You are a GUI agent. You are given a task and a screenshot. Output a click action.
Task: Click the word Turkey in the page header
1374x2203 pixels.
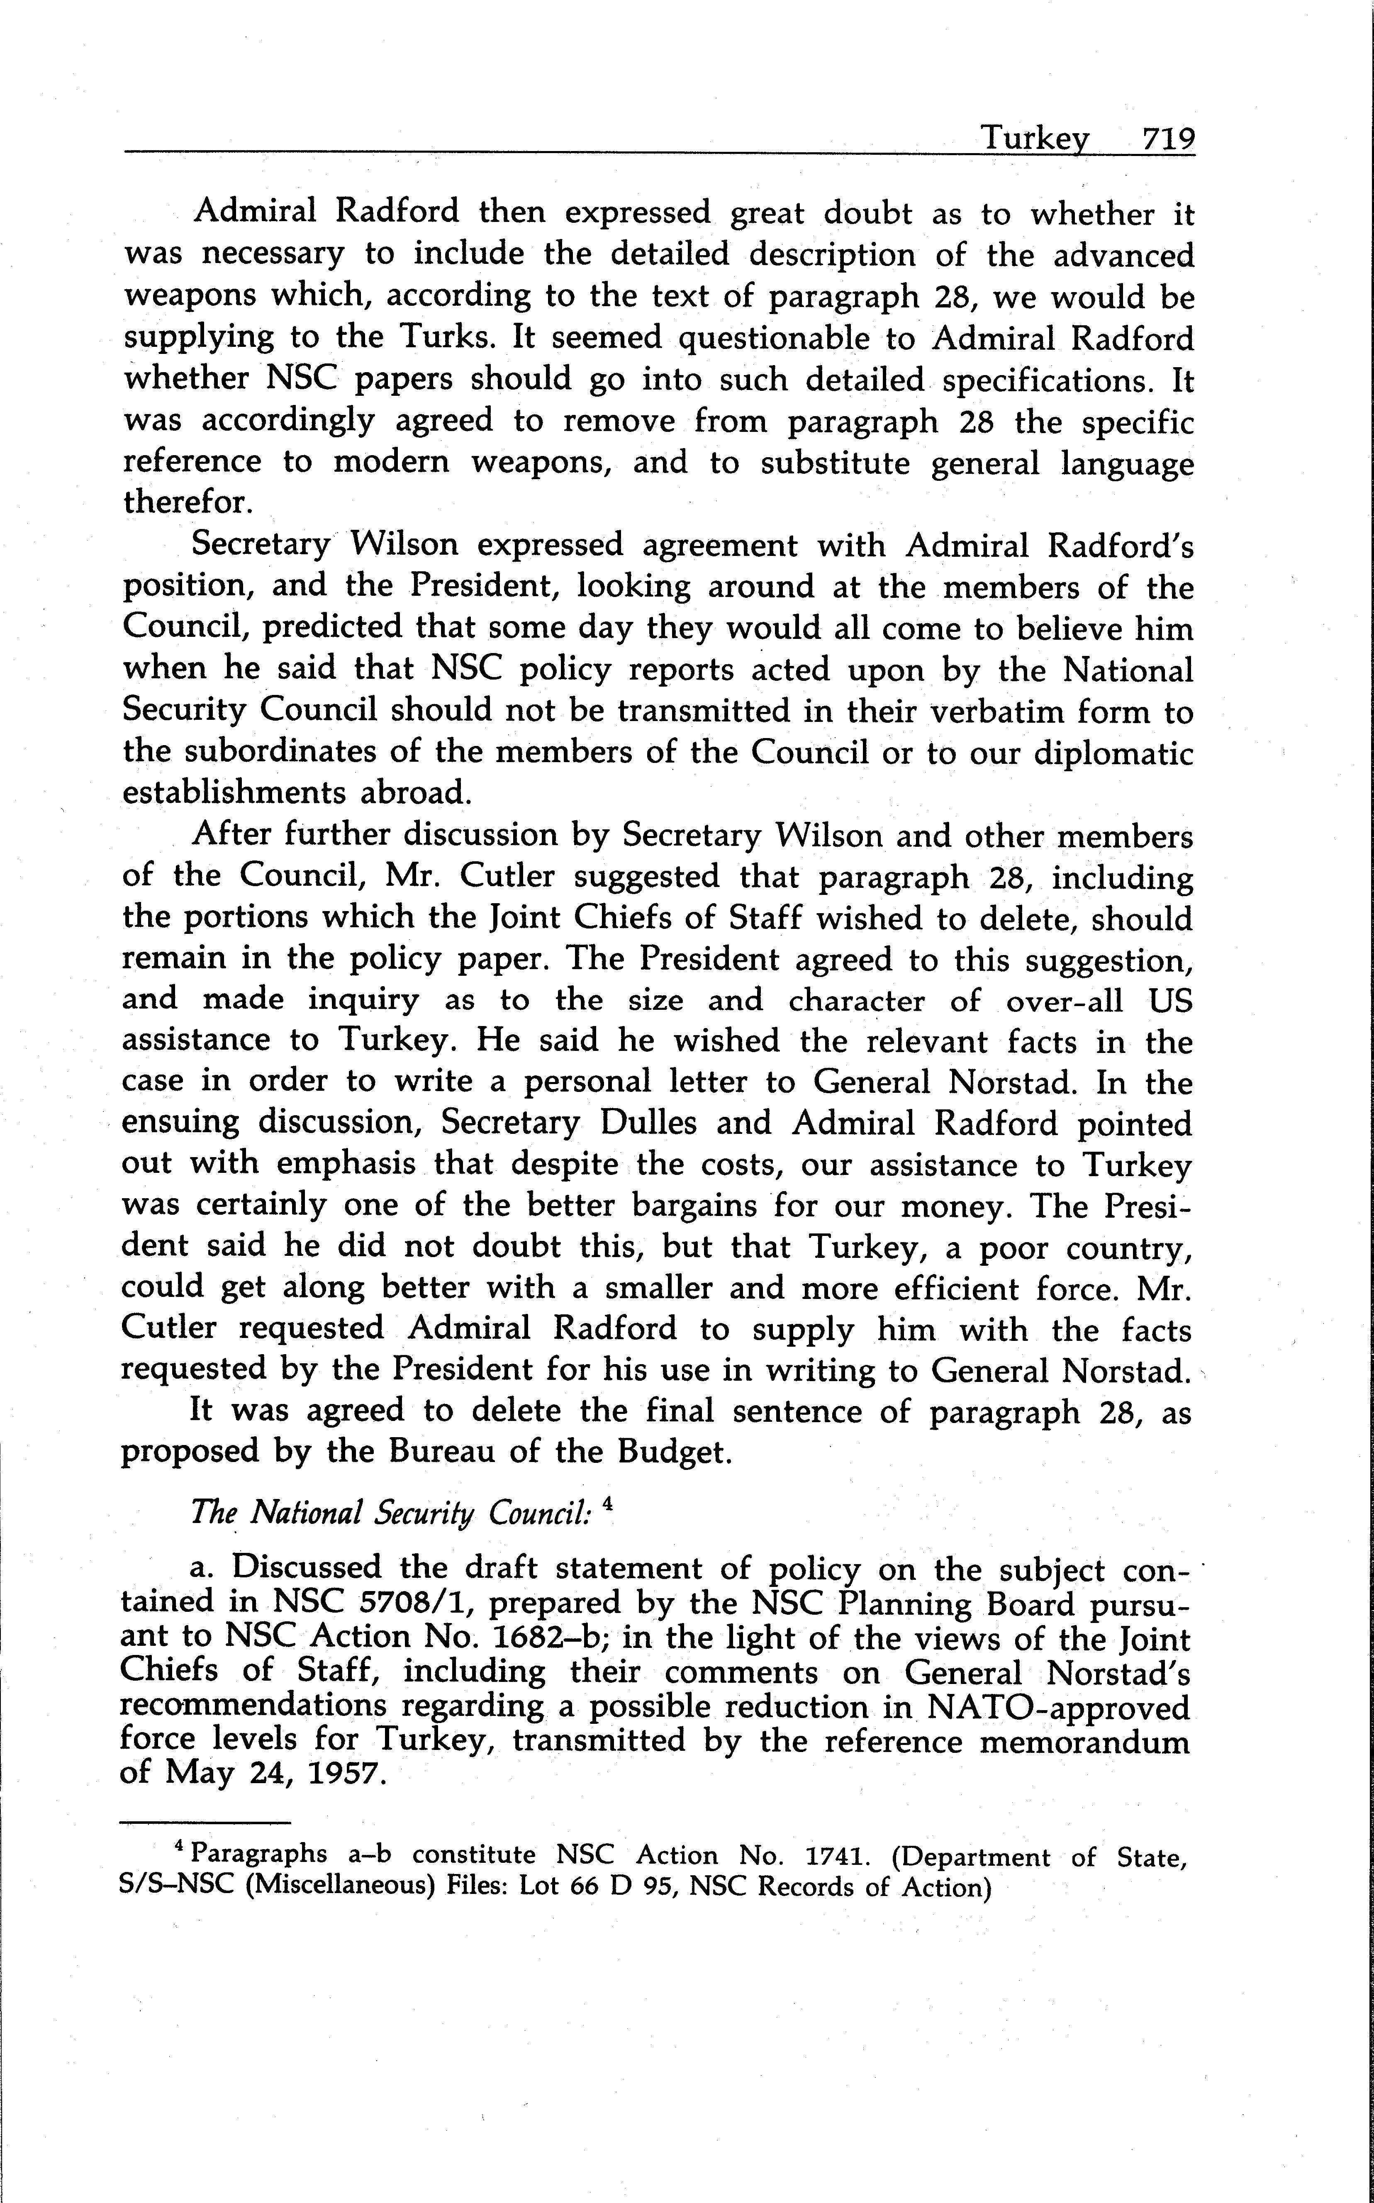1033,139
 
